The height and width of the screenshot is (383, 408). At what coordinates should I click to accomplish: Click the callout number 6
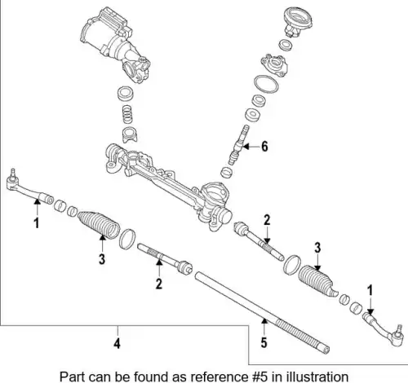264,147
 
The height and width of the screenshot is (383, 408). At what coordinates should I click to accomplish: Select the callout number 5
264,342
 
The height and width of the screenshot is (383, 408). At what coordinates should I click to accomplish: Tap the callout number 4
117,344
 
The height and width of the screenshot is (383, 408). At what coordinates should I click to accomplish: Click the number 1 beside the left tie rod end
37,222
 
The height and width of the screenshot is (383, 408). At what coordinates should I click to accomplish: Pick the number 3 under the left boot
102,259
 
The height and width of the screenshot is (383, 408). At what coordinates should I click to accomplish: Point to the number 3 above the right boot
317,248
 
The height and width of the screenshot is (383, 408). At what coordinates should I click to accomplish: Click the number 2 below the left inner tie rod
159,284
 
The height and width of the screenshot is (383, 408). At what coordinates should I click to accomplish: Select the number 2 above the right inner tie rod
267,220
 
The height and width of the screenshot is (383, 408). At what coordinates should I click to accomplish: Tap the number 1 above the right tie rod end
370,290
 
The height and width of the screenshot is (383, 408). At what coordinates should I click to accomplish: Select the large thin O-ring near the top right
266,84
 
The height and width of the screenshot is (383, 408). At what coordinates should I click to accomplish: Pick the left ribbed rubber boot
99,225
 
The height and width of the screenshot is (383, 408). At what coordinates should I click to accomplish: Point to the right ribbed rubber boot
317,280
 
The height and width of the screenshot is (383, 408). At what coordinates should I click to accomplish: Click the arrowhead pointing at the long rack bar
264,321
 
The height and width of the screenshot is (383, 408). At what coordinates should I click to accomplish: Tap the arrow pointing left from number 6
250,147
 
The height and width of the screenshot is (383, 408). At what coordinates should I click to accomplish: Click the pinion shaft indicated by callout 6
238,145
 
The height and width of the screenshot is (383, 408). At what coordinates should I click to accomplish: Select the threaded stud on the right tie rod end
400,329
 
